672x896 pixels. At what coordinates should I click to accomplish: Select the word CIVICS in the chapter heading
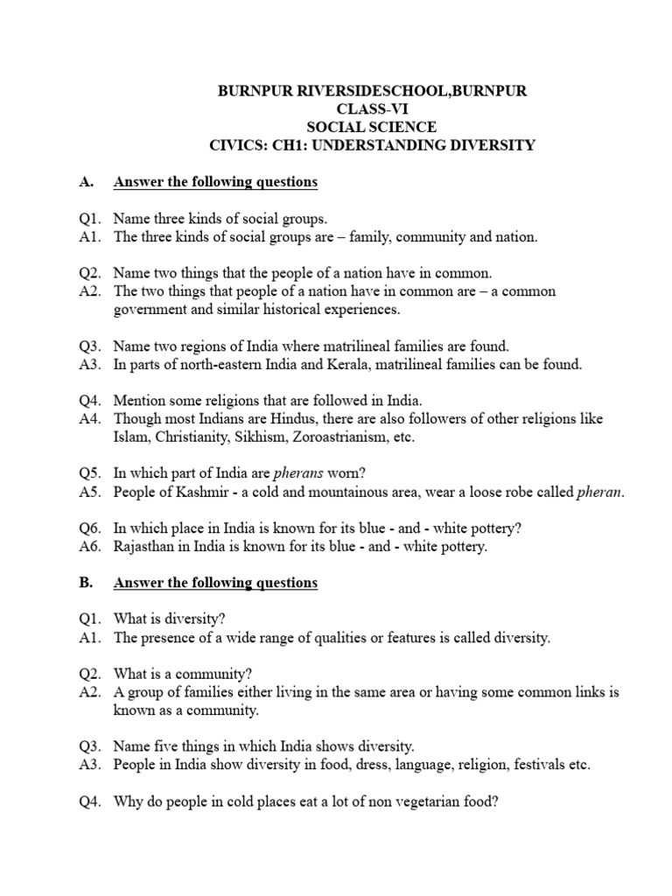[240, 145]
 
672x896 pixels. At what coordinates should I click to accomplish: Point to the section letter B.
[85, 583]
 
